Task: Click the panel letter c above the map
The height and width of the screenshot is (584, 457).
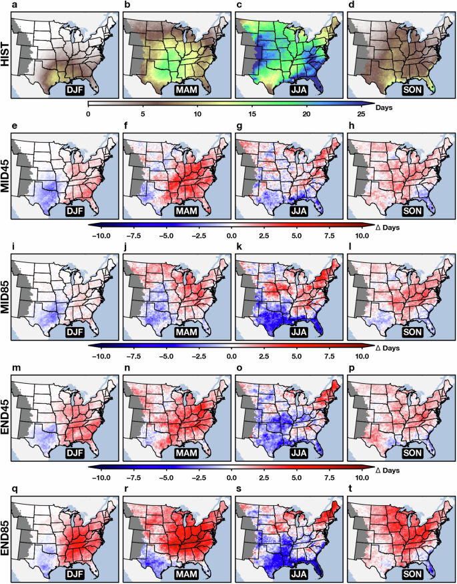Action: [238, 7]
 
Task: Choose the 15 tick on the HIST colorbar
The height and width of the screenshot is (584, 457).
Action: [252, 114]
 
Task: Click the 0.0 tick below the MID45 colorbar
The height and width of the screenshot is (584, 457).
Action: [232, 236]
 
